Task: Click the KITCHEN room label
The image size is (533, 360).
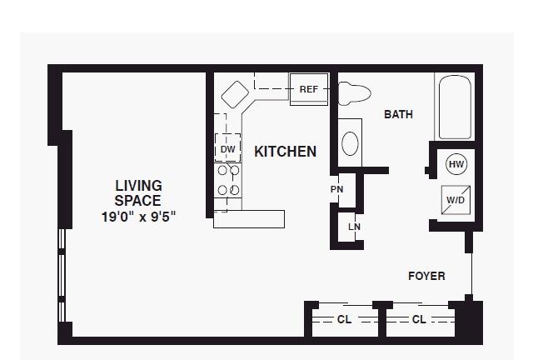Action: (x=285, y=152)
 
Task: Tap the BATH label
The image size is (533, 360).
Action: (x=398, y=114)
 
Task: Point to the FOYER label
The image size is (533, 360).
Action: (x=426, y=276)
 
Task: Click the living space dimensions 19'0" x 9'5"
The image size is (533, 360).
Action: (x=139, y=217)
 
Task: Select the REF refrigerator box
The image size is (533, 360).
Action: (x=309, y=89)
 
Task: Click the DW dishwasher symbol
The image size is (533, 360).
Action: (x=227, y=147)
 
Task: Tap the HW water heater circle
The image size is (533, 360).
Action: (x=456, y=164)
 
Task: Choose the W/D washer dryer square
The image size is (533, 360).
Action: (x=456, y=200)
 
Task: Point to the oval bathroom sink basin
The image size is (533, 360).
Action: (x=350, y=143)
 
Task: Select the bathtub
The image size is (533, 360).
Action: (x=455, y=107)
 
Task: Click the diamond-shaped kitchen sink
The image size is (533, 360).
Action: (x=235, y=95)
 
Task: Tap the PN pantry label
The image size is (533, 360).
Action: (x=336, y=189)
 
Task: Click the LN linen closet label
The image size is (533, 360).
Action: (x=354, y=227)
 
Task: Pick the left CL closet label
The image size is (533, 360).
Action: (x=344, y=319)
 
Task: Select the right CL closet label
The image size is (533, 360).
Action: (x=419, y=319)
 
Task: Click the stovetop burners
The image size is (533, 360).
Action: (x=228, y=180)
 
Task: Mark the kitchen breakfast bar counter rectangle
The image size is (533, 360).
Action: (x=249, y=219)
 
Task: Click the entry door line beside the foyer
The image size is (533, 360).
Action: (x=472, y=274)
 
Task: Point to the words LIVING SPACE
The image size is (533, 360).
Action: (x=138, y=193)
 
